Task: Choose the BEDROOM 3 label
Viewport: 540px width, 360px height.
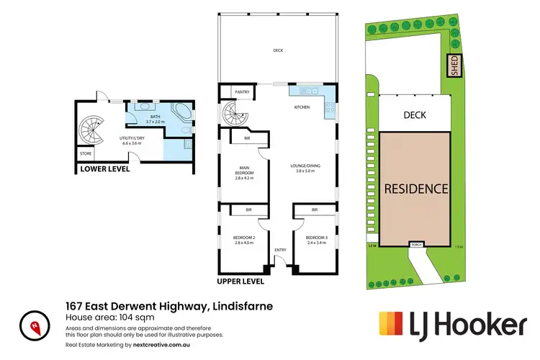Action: pyautogui.click(x=315, y=240)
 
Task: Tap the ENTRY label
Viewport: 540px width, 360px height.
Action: pyautogui.click(x=280, y=251)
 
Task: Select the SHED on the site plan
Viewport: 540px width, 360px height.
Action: pyautogui.click(x=454, y=66)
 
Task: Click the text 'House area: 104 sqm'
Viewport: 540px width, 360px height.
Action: pyautogui.click(x=109, y=316)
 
